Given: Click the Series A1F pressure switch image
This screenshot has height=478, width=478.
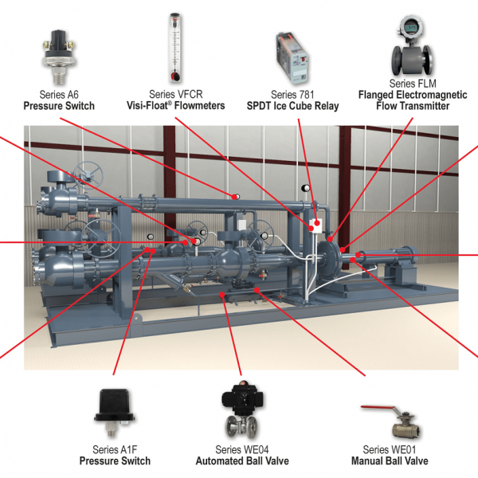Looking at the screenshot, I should click(115, 406).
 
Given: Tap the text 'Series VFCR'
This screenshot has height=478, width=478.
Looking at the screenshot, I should click(175, 94).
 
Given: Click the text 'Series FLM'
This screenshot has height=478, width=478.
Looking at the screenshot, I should click(409, 83).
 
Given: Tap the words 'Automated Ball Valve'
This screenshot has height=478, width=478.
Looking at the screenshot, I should click(242, 460).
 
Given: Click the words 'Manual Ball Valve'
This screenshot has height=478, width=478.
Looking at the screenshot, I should click(388, 460).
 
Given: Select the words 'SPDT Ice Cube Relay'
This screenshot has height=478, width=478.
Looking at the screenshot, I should click(293, 106).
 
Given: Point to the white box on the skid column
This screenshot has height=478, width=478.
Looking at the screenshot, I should click(315, 225).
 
